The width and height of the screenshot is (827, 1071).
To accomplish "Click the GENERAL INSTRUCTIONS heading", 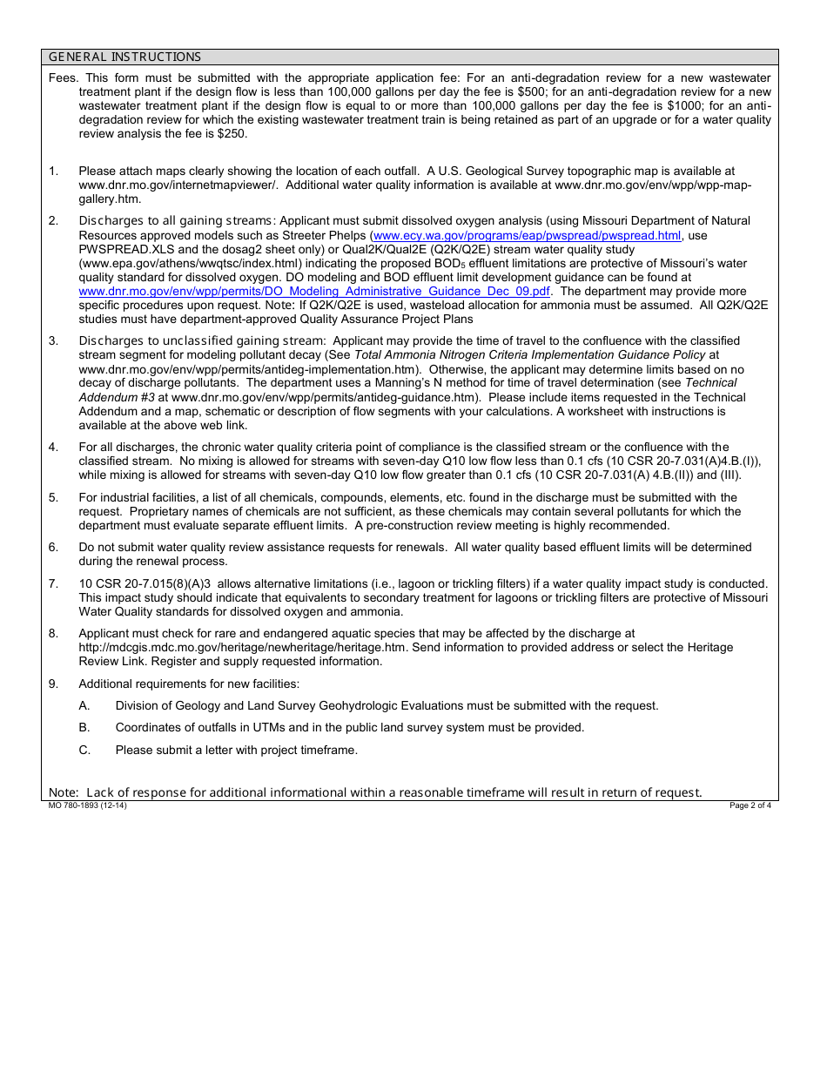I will tap(124, 57).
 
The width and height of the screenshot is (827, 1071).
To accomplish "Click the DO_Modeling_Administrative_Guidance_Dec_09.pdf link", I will tap(314, 291).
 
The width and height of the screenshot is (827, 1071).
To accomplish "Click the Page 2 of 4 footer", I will tap(750, 805).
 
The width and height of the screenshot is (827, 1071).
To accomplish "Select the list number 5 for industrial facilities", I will tap(53, 497).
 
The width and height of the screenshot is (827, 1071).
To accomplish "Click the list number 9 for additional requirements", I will tap(53, 684).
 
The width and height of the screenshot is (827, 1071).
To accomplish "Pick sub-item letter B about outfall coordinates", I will tap(84, 727).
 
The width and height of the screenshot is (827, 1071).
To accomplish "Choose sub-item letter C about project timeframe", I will tap(84, 750).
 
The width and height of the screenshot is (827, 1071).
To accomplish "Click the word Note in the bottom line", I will tap(63, 792).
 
